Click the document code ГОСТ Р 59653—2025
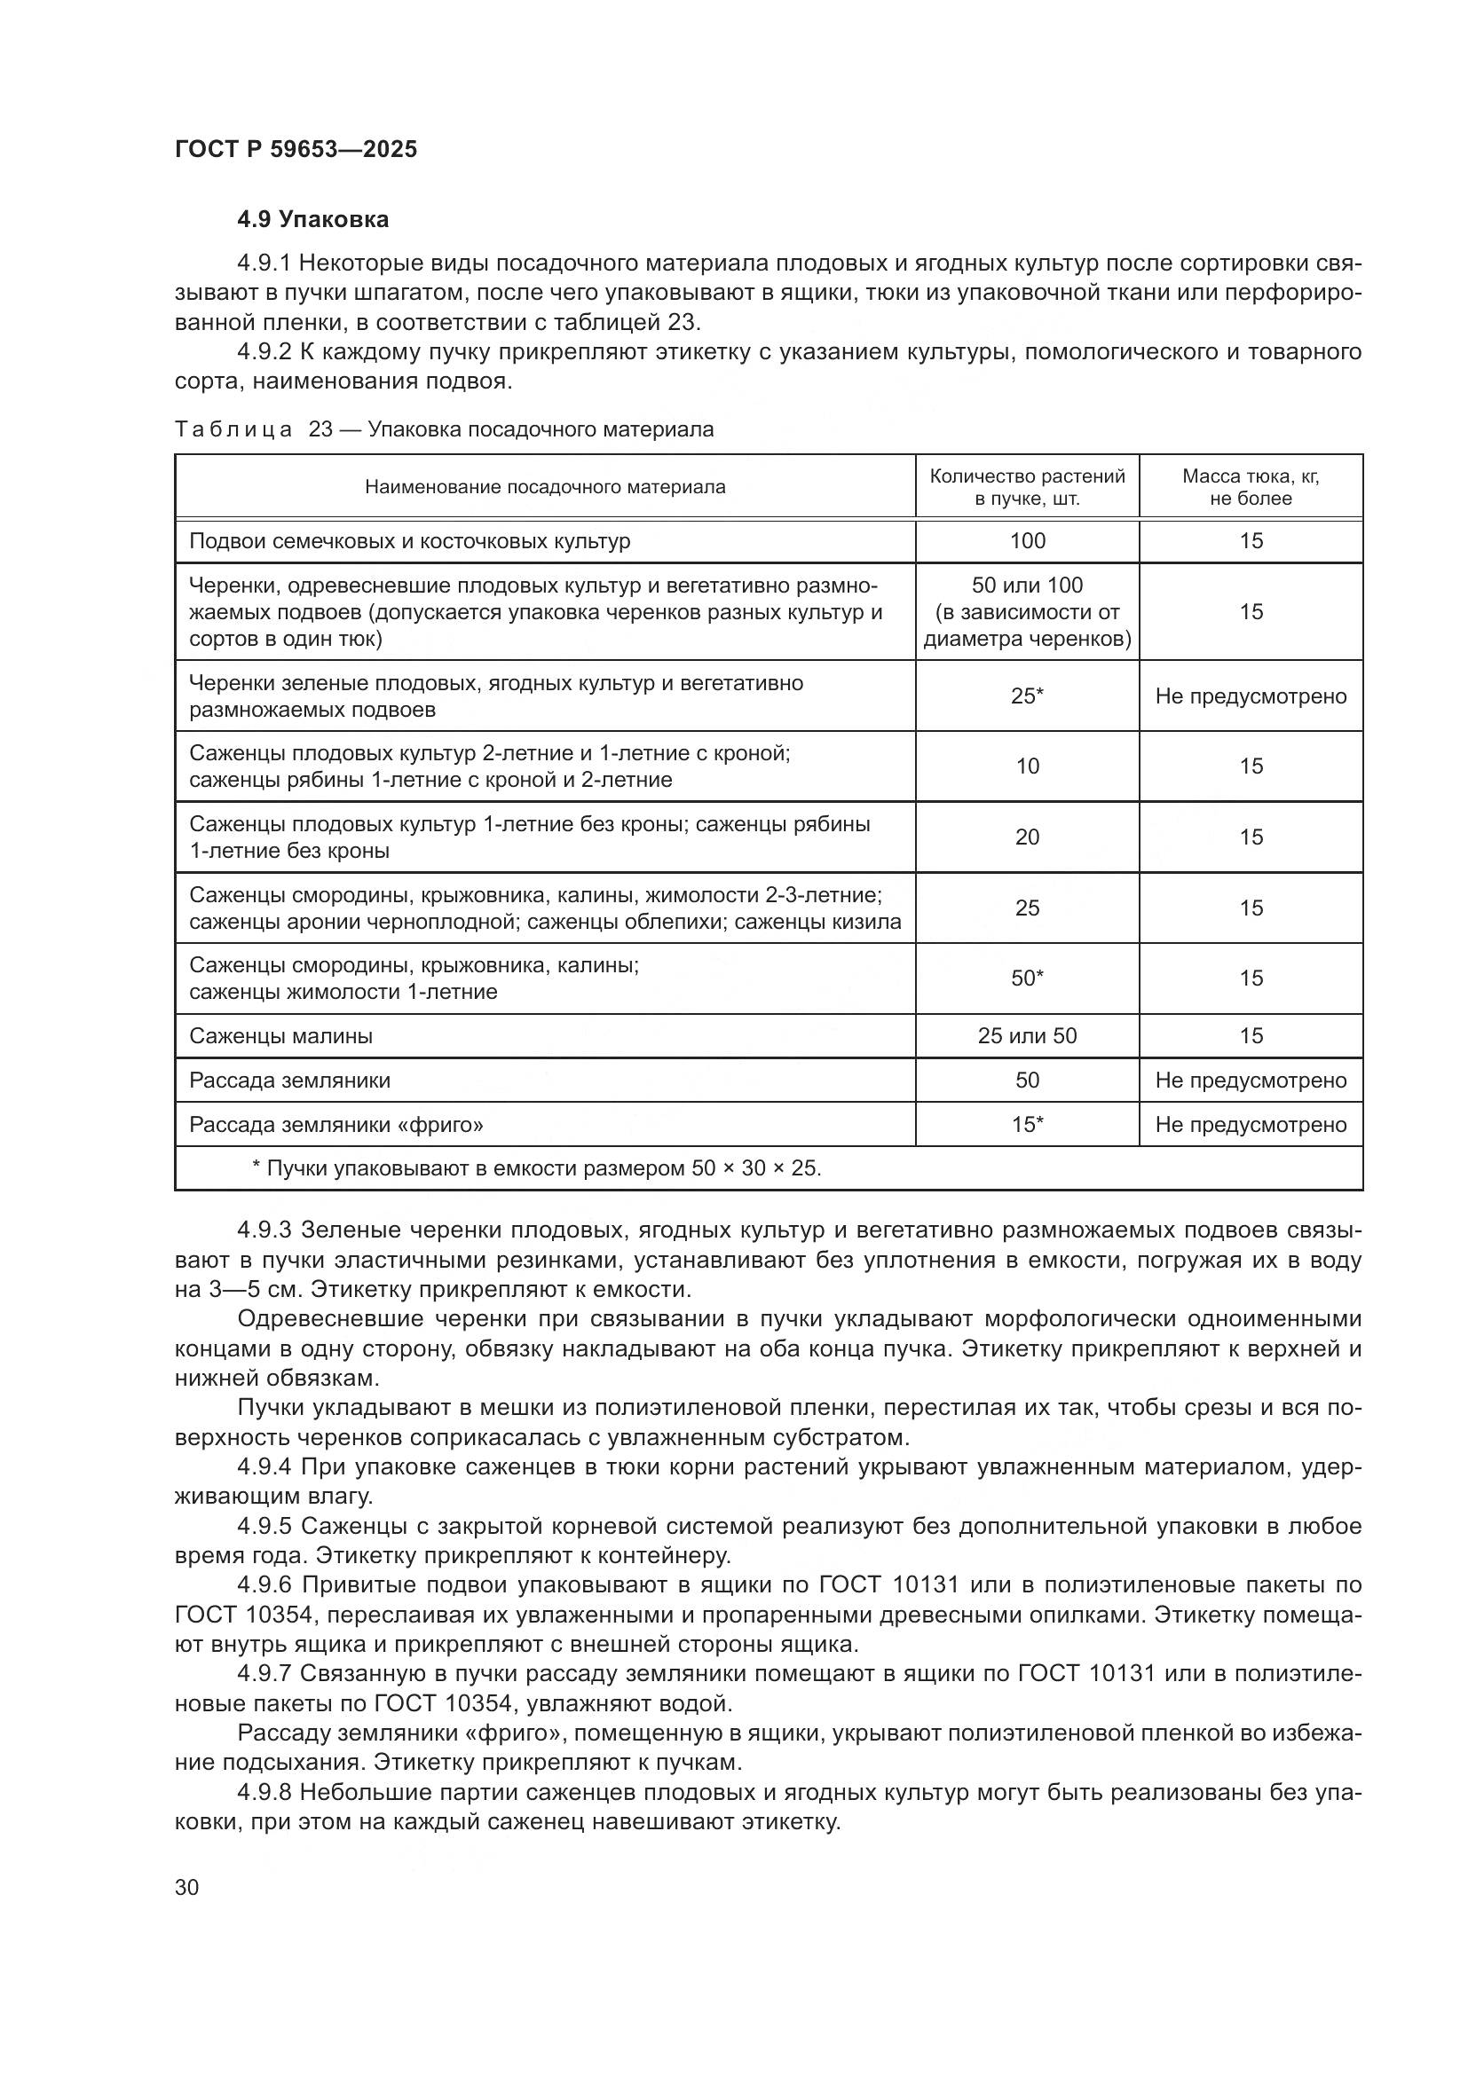(x=296, y=150)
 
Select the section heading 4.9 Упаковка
(x=312, y=220)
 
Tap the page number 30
(x=187, y=1888)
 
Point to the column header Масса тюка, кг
(x=1251, y=476)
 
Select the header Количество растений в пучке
(x=1027, y=487)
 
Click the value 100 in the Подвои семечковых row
(x=1027, y=541)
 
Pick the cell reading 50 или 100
(x=1027, y=586)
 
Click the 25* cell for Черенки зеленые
(x=1027, y=696)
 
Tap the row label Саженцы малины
(x=281, y=1036)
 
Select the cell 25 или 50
(x=1027, y=1036)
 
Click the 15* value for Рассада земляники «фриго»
(x=1027, y=1125)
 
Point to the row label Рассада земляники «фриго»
(x=336, y=1125)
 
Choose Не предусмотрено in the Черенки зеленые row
(x=1251, y=696)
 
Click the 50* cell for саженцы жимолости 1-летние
(x=1027, y=979)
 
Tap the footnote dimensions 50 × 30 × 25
(x=754, y=1169)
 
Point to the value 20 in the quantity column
(x=1027, y=837)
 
